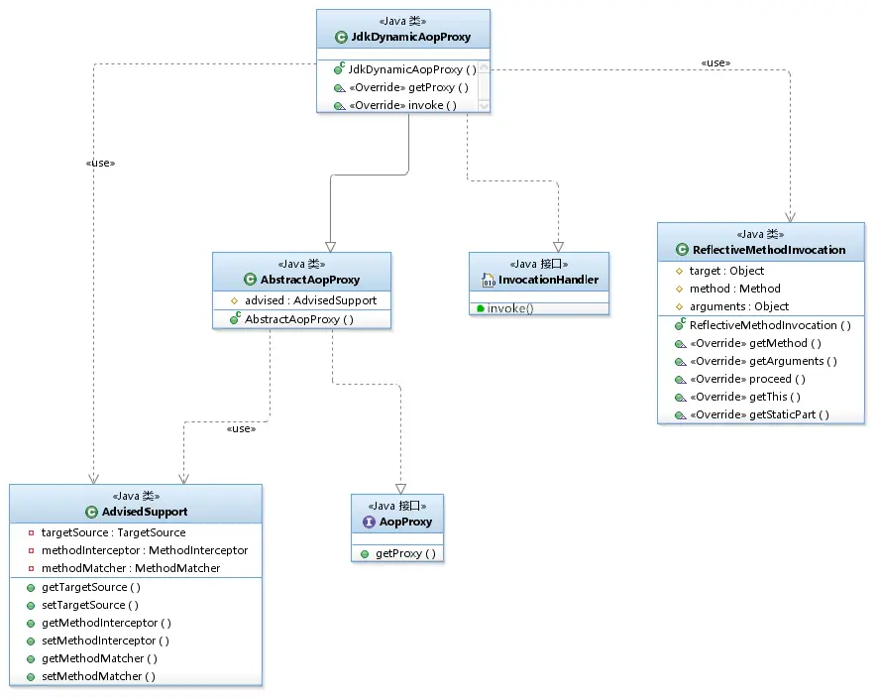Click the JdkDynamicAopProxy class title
pyautogui.click(x=410, y=37)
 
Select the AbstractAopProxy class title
pyautogui.click(x=309, y=280)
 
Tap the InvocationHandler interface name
pyautogui.click(x=548, y=280)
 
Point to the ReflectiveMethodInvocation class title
pyautogui.click(x=769, y=250)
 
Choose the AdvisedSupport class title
pyautogui.click(x=145, y=512)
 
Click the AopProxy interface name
pyautogui.click(x=405, y=522)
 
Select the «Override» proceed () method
pyautogui.click(x=747, y=379)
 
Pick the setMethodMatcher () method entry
pyautogui.click(x=98, y=676)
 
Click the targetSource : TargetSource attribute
pyautogui.click(x=114, y=532)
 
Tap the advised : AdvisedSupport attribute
pyautogui.click(x=311, y=300)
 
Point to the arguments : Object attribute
pyautogui.click(x=739, y=306)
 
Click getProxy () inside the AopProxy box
pyautogui.click(x=405, y=553)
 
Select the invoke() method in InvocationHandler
pyautogui.click(x=510, y=308)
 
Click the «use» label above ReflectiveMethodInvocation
pyautogui.click(x=715, y=62)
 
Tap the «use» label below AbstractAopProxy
pyautogui.click(x=241, y=428)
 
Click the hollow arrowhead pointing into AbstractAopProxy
pyautogui.click(x=330, y=247)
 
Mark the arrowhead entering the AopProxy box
pyautogui.click(x=400, y=489)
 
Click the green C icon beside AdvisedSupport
pyautogui.click(x=91, y=512)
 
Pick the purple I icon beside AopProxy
pyautogui.click(x=369, y=522)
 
